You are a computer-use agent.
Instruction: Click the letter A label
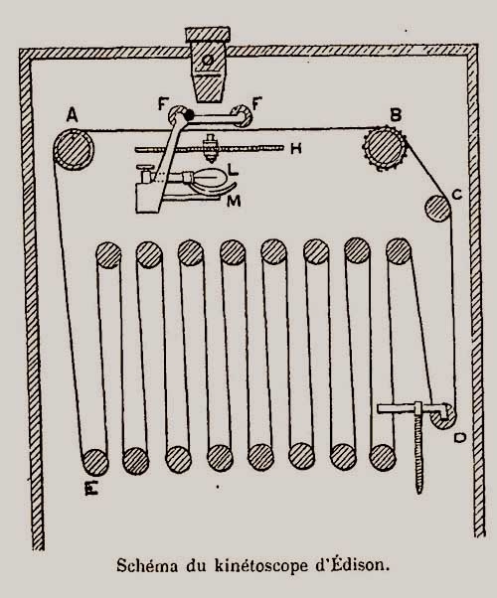coord(73,115)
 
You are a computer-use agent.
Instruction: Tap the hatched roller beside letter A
coord(74,149)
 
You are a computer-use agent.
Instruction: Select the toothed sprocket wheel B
coord(385,148)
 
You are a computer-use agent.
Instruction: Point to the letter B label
coord(395,114)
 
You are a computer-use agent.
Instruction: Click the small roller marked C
coord(437,209)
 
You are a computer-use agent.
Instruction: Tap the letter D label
coord(460,438)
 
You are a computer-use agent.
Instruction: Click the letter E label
coord(91,488)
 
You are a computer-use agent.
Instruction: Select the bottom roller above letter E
coord(95,462)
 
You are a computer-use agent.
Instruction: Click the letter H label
coord(296,148)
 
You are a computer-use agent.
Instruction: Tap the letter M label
coord(234,201)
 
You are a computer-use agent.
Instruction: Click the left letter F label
coord(163,103)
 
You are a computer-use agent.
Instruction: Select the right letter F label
coord(257,103)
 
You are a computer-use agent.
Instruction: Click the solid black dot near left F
coord(189,114)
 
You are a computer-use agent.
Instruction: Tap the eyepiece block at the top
coord(208,65)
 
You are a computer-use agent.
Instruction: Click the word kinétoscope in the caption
coord(261,565)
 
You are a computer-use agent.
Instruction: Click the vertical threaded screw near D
coord(419,454)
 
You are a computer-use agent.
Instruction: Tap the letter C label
coord(457,195)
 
